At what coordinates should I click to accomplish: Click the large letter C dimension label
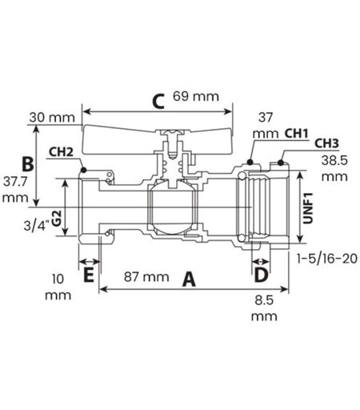(158, 102)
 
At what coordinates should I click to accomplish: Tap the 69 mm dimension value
(196, 96)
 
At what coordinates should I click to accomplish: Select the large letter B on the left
(28, 164)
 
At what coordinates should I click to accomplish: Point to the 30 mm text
(52, 118)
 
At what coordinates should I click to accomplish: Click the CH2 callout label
(61, 152)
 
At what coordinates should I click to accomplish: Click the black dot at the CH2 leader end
(83, 170)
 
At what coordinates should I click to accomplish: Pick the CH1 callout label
(297, 134)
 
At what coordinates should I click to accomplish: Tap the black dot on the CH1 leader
(250, 162)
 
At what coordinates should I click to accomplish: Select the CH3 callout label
(326, 143)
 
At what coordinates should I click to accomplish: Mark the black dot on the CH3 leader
(281, 163)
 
